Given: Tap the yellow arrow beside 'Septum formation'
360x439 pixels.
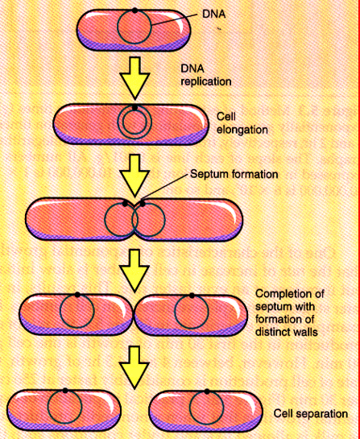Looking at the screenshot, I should (134, 170).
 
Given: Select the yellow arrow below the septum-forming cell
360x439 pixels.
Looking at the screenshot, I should (134, 267).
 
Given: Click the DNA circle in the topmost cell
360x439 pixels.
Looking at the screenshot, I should (135, 28).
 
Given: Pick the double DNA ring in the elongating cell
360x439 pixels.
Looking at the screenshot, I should (134, 123).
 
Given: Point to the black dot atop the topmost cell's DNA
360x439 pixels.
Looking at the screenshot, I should (135, 10).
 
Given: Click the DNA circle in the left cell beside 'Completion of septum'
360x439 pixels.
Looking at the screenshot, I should (77, 313).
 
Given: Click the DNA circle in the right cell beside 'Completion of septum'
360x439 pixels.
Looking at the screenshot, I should (192, 313).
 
